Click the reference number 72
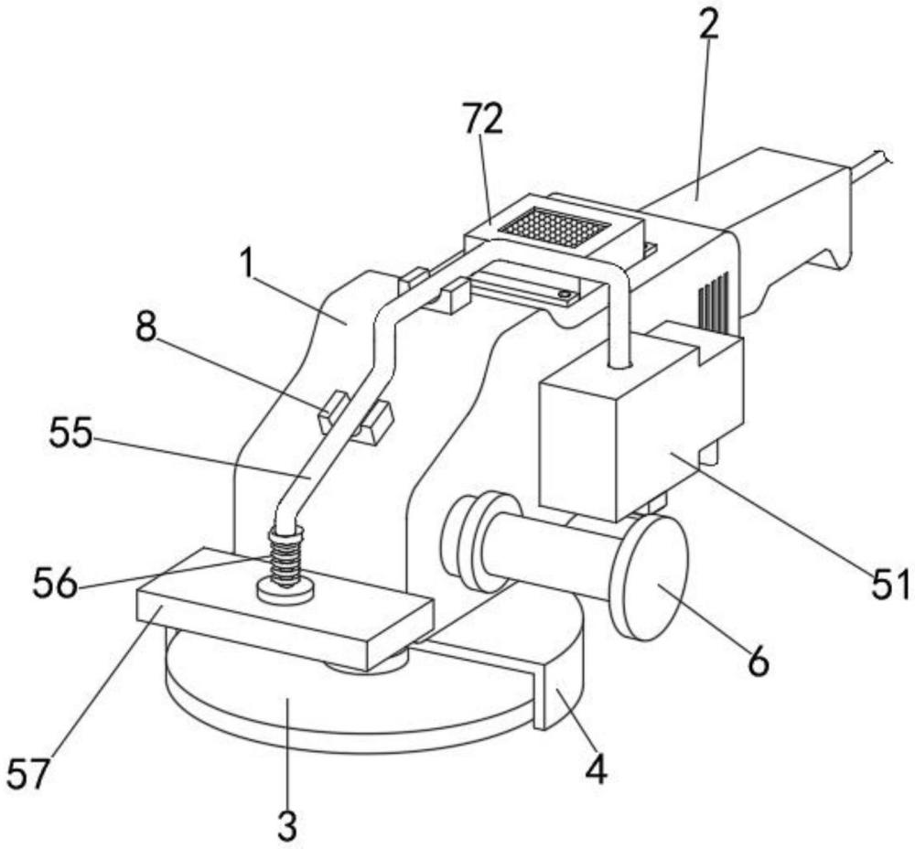[482, 119]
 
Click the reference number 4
[596, 769]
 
